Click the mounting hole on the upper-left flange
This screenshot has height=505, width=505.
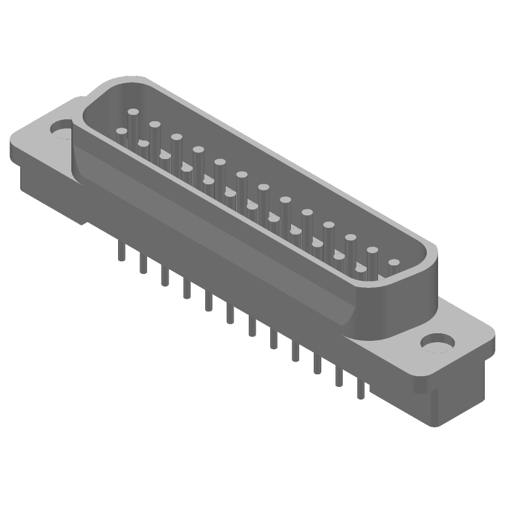tap(62, 133)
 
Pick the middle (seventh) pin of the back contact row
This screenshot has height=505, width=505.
tap(263, 196)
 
